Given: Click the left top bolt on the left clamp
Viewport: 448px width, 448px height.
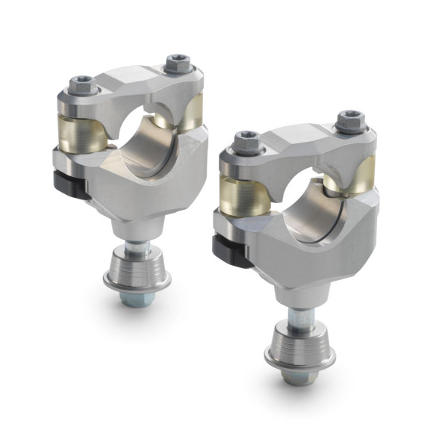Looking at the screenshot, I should coord(82,86).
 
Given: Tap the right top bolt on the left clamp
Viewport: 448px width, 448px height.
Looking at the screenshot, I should coord(178,63).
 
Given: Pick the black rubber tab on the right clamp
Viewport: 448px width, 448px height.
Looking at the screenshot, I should coord(230,250).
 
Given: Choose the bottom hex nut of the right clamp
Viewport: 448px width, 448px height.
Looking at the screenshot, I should coord(298,376).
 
